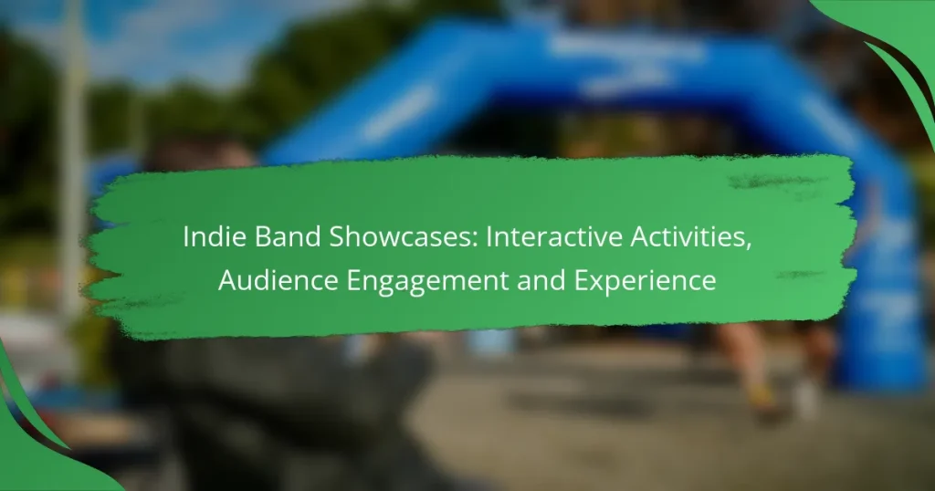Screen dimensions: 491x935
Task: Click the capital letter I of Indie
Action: click(x=186, y=237)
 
